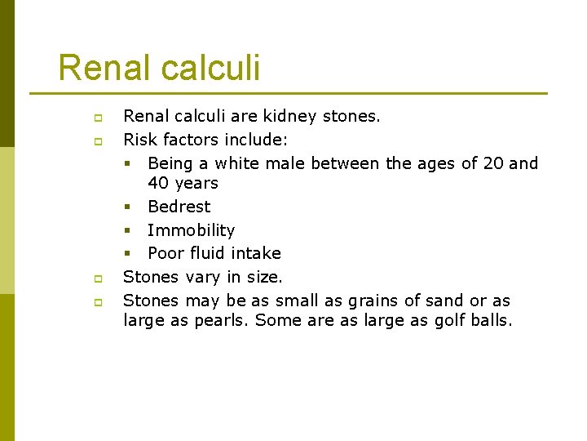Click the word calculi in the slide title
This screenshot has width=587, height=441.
point(210,68)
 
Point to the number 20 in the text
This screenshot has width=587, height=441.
point(493,163)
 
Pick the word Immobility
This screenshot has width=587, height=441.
point(191,230)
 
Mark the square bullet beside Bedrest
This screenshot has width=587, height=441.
point(129,207)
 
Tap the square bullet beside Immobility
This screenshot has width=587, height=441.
point(129,231)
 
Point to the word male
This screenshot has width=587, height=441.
point(285,163)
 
